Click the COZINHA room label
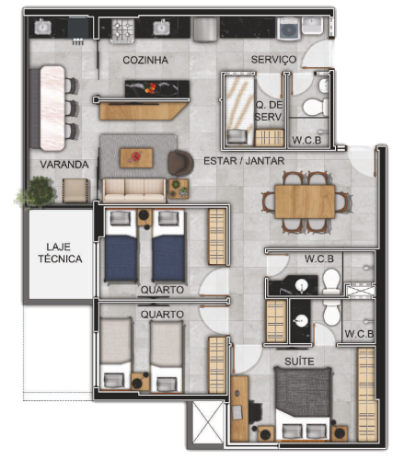[x=145, y=60]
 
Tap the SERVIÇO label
[x=273, y=60]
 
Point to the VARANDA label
[x=64, y=165]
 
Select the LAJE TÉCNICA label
[x=60, y=253]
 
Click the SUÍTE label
[x=299, y=362]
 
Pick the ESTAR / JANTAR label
[x=244, y=161]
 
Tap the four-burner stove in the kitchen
[x=122, y=30]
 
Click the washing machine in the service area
[x=288, y=29]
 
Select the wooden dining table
[x=305, y=201]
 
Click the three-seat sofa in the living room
[x=134, y=190]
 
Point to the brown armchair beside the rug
[x=180, y=164]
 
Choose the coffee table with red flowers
[x=136, y=158]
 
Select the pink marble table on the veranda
[x=52, y=109]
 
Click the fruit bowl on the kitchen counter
[x=150, y=87]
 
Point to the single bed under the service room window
[x=239, y=110]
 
